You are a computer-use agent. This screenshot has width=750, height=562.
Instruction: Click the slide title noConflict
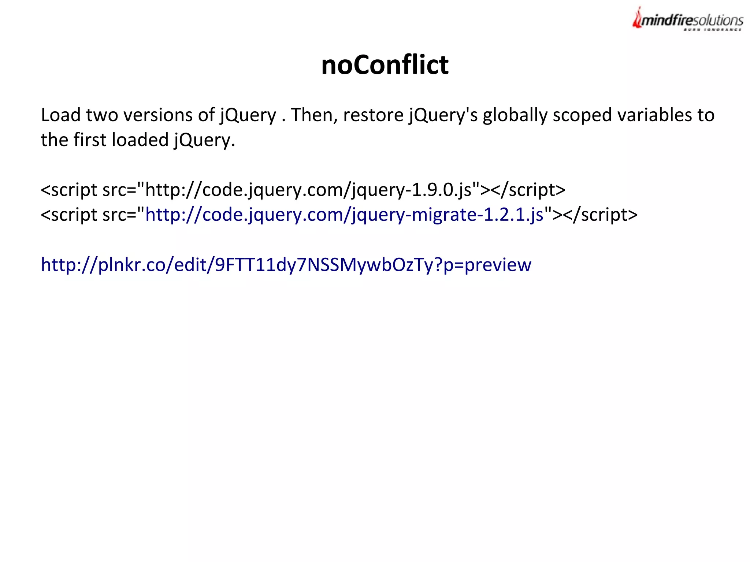point(385,65)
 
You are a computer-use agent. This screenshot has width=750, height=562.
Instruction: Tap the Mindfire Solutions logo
point(688,19)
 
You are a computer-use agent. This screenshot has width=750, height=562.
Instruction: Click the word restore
point(373,115)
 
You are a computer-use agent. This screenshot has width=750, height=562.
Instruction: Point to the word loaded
point(140,140)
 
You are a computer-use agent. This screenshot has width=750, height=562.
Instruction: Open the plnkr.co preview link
point(286,265)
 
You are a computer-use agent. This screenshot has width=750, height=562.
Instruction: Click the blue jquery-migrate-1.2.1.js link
point(344,215)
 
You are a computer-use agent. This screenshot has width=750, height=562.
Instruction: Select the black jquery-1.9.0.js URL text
point(308,190)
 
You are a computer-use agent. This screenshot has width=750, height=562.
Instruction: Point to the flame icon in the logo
point(638,18)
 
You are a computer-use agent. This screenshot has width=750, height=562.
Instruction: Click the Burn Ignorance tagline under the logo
point(713,30)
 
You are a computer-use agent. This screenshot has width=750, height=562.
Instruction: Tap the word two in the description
point(101,115)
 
